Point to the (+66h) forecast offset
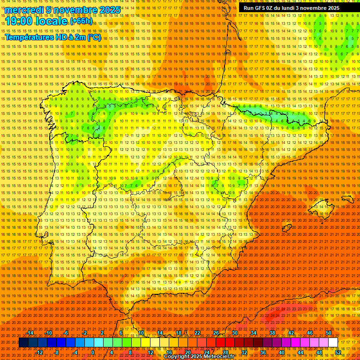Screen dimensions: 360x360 [81, 21]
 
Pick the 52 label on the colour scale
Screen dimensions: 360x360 [338, 352]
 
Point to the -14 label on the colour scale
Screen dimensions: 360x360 [30, 333]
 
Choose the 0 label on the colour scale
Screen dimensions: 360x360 [93, 352]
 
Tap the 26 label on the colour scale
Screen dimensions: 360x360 [216, 333]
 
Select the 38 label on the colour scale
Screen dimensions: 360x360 [272, 333]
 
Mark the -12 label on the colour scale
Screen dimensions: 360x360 [39, 352]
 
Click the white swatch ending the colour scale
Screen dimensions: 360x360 [333, 343]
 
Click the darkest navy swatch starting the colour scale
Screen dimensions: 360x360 [23, 343]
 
